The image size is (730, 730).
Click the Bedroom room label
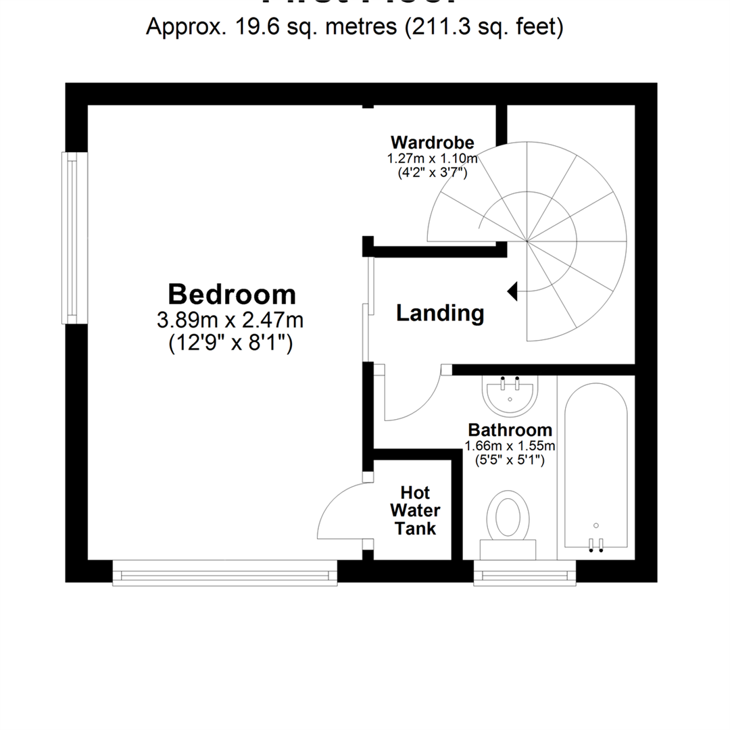pos(231,295)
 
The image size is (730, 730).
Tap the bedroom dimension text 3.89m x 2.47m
pos(230,319)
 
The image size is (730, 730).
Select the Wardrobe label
pos(432,143)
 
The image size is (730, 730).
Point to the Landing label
pos(439,314)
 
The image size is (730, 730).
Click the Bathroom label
pos(510,430)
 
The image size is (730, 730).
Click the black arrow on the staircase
pos(512,291)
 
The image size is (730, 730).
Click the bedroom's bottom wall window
pos(225,574)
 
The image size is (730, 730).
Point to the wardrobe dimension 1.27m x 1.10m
pos(432,160)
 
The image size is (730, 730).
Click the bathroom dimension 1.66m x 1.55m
pos(510,446)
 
